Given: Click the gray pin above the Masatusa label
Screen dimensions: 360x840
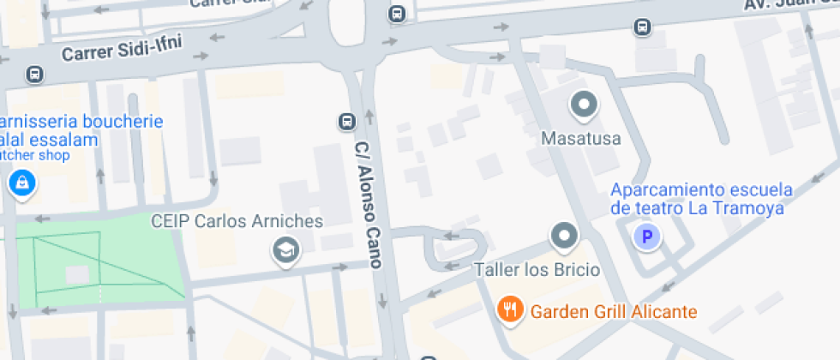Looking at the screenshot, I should [584, 105].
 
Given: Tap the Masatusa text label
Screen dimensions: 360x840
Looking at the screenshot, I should [580, 137].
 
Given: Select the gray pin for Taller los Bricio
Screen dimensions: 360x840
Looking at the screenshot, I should [564, 235].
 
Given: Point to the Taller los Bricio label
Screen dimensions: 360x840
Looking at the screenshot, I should [537, 269].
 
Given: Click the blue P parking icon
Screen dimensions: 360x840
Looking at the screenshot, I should [647, 237].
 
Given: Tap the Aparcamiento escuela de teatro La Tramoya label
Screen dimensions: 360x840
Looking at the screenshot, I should [701, 198].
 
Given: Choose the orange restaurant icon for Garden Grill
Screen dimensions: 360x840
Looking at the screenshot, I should [511, 309].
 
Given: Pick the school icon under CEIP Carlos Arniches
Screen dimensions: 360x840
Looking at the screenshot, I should [284, 250].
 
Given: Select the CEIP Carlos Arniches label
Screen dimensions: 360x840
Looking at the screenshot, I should [237, 221].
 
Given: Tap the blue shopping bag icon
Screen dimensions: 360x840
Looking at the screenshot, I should [21, 182].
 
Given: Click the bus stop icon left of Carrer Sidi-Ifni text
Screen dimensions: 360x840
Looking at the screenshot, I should [34, 75].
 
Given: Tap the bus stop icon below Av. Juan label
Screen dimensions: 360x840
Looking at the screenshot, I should [641, 27].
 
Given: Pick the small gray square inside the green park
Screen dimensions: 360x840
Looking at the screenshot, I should [77, 275].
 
